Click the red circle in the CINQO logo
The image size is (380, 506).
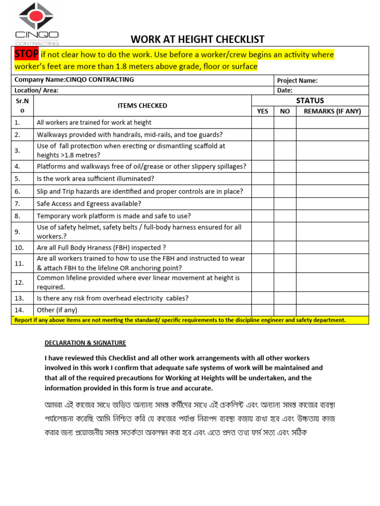(x=37, y=16)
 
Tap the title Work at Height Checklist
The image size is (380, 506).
(x=197, y=40)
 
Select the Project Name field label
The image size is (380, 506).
(x=297, y=81)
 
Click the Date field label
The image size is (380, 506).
(x=285, y=90)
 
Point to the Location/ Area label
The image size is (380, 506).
(x=37, y=90)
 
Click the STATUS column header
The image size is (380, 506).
(x=310, y=100)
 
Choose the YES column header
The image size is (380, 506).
(x=263, y=111)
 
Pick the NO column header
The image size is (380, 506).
(x=285, y=111)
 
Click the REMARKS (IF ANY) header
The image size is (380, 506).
(x=332, y=111)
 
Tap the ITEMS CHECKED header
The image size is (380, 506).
(x=142, y=105)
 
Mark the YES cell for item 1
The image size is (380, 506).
(x=263, y=123)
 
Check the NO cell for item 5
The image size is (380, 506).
(x=285, y=178)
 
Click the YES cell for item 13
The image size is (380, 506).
(x=263, y=298)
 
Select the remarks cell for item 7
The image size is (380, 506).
(x=332, y=204)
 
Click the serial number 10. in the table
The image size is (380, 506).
(x=19, y=248)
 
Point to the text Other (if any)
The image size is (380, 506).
(x=57, y=310)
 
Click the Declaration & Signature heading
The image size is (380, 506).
(x=85, y=342)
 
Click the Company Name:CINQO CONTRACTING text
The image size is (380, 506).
(x=74, y=80)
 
